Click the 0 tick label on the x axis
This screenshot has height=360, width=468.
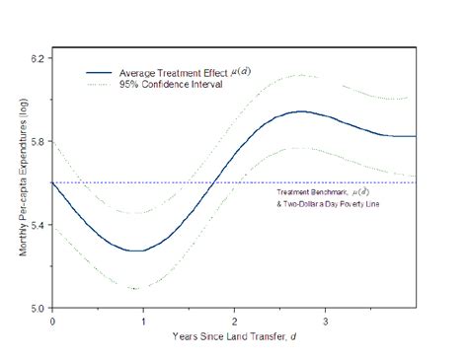(51, 322)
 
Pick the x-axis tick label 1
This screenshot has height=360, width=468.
(143, 322)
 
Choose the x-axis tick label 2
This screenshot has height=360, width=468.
(234, 322)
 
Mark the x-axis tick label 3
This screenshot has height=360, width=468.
(325, 322)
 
